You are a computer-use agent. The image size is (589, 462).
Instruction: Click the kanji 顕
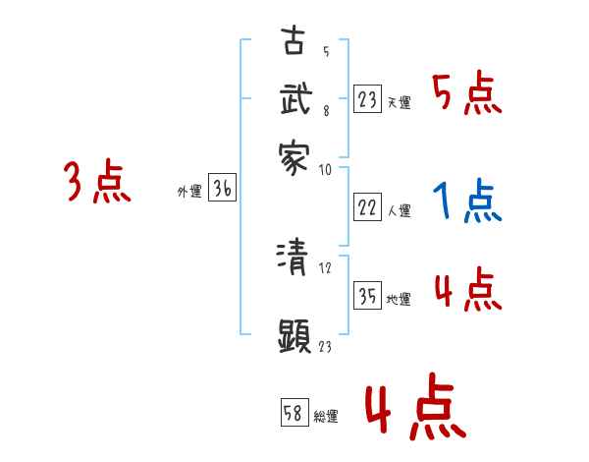click(294, 336)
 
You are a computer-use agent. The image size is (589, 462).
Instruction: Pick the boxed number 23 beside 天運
click(368, 99)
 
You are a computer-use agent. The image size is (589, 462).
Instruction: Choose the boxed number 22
click(368, 207)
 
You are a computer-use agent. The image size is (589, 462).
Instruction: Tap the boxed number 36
click(222, 190)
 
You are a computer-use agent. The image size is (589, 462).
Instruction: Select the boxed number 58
click(294, 413)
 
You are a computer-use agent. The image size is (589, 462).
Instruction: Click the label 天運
click(399, 102)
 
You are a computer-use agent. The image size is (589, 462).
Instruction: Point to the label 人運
click(399, 210)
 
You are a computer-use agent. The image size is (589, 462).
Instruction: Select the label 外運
click(189, 193)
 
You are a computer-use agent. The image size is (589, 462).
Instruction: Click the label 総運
click(326, 416)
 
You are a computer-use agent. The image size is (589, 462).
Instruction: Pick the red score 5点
click(466, 95)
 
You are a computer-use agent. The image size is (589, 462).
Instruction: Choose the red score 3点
click(97, 183)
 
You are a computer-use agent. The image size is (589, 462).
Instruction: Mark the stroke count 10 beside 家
click(325, 169)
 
